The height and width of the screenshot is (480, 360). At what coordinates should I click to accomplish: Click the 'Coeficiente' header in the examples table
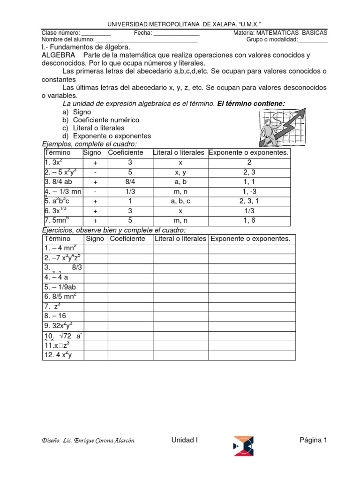[126, 153]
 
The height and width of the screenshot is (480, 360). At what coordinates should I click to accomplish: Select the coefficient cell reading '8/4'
[130, 181]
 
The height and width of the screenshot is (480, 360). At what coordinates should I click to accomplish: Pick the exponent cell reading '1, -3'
[249, 191]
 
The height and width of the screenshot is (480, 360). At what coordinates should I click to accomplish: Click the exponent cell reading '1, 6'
[249, 221]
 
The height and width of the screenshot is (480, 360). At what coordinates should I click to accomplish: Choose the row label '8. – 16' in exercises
[56, 316]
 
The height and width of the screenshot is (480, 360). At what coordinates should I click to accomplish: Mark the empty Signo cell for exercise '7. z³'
[96, 307]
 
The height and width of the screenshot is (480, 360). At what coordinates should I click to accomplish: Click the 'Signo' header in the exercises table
[96, 239]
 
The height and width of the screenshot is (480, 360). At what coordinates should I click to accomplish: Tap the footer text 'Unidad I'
[184, 440]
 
